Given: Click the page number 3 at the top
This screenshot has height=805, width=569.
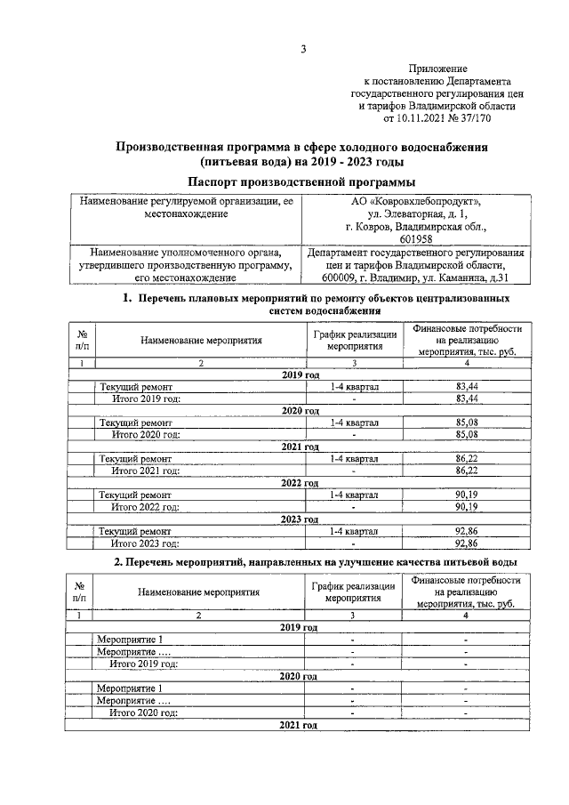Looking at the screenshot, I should [302, 49].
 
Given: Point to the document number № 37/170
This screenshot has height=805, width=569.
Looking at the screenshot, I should [469, 117].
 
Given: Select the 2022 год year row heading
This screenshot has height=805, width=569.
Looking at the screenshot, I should [300, 482].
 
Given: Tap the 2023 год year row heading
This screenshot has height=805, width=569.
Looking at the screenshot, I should [300, 519].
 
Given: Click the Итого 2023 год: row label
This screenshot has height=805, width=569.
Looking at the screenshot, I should [145, 543].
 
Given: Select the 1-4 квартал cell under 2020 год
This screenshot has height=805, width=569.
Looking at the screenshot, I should [353, 422].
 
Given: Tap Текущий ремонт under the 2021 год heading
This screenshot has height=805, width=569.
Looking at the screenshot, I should [135, 458].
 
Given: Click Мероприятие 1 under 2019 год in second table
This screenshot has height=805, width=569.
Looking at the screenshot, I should [130, 640].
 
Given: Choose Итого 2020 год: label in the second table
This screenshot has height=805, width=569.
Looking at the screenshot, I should [143, 712].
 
